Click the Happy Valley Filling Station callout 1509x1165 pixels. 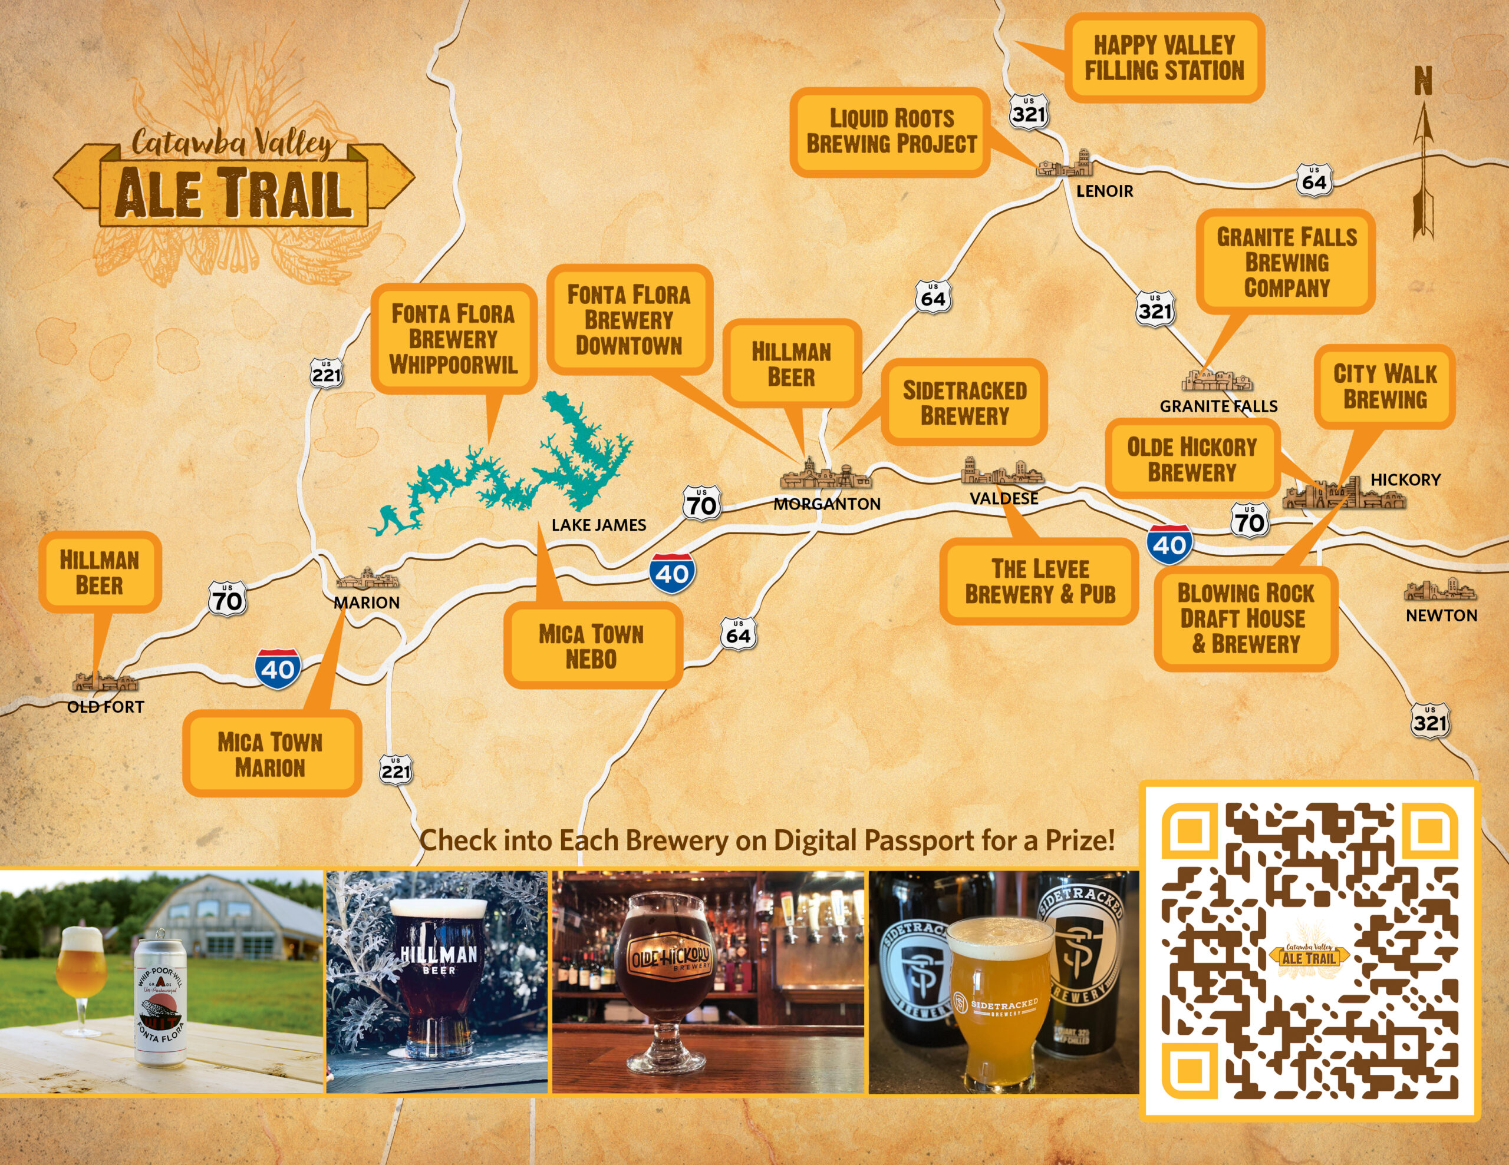pos(1164,58)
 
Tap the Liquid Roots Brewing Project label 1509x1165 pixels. pos(891,131)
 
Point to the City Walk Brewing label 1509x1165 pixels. pos(1384,387)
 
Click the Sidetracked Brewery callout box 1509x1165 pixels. pos(964,403)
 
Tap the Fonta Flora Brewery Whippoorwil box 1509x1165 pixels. pos(453,339)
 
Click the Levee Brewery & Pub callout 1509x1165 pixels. pos(1039,581)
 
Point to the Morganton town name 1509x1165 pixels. pos(826,504)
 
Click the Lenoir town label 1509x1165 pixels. pos(1104,191)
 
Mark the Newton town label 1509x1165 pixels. pos(1441,615)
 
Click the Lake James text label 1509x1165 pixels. pos(598,525)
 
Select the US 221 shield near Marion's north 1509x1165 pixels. pos(326,373)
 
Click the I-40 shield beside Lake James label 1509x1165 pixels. pos(671,573)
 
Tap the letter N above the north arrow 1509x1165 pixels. pos(1422,81)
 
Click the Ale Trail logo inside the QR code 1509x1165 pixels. pos(1308,957)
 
